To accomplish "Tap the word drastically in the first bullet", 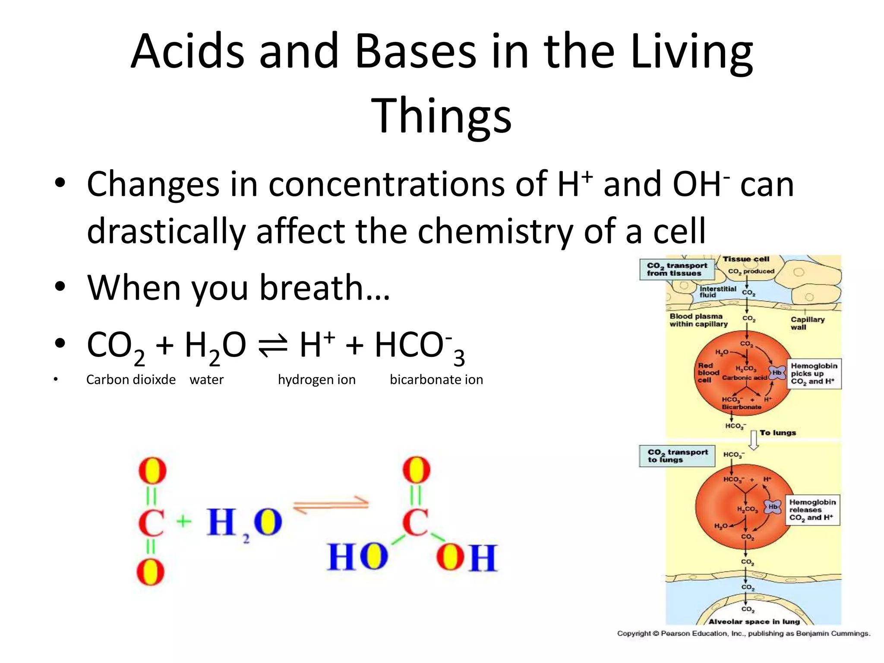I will [166, 231].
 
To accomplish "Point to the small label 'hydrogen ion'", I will [317, 380].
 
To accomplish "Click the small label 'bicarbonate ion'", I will [436, 380].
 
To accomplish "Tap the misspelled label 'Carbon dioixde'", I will [131, 380].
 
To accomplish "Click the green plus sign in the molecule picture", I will [184, 521].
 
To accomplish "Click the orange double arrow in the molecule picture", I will [331, 505].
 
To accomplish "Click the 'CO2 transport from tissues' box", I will [676, 269].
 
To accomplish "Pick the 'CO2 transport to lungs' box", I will [677, 456].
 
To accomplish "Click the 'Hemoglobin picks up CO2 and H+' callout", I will [814, 374].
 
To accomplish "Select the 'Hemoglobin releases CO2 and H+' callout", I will [812, 510].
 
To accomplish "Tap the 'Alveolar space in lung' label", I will [754, 622].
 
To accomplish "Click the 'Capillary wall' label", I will [807, 323].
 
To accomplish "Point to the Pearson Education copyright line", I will [743, 633].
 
